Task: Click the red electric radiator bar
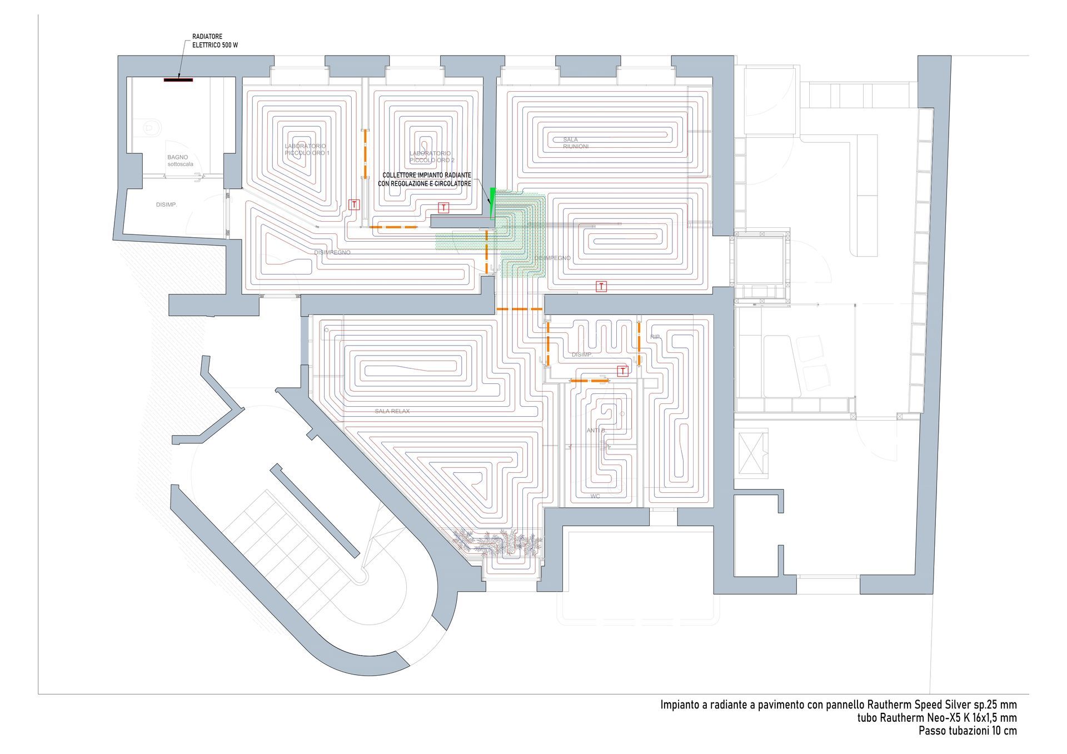tap(178, 80)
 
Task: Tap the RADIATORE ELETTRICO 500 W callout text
tap(215, 41)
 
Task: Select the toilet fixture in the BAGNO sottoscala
tap(151, 128)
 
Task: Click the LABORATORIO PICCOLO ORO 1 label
tap(307, 149)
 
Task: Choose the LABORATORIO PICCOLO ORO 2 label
tap(431, 157)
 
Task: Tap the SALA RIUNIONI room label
tap(575, 143)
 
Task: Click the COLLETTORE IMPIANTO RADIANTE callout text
tap(426, 179)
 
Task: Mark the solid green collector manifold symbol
tap(492, 203)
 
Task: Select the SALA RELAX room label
tap(392, 411)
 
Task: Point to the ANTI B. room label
tap(596, 431)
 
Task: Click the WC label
tap(595, 496)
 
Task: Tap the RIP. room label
tap(655, 337)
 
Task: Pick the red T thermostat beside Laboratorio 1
tap(354, 204)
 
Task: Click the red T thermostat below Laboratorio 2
tap(443, 208)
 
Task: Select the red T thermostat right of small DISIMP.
tap(623, 371)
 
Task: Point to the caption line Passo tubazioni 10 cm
tap(968, 731)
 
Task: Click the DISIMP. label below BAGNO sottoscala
tap(166, 205)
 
